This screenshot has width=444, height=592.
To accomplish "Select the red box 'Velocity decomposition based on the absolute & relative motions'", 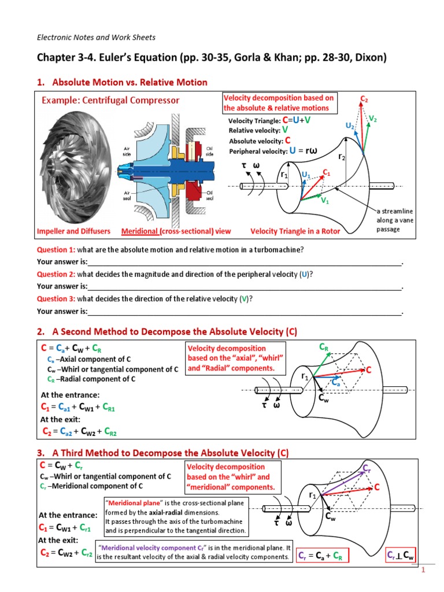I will (x=278, y=103).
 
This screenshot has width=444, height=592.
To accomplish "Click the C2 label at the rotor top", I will (x=364, y=100).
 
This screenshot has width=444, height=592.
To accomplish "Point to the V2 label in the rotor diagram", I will (x=373, y=119).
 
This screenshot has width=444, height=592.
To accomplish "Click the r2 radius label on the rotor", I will (x=342, y=156).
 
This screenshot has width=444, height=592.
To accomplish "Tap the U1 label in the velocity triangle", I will (x=305, y=173).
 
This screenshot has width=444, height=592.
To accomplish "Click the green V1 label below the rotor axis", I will (x=325, y=201).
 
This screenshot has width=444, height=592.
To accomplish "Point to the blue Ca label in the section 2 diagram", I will (x=335, y=382).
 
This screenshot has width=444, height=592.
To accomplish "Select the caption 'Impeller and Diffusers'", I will (x=73, y=231).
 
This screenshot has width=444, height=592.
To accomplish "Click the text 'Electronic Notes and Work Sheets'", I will (x=96, y=38).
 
